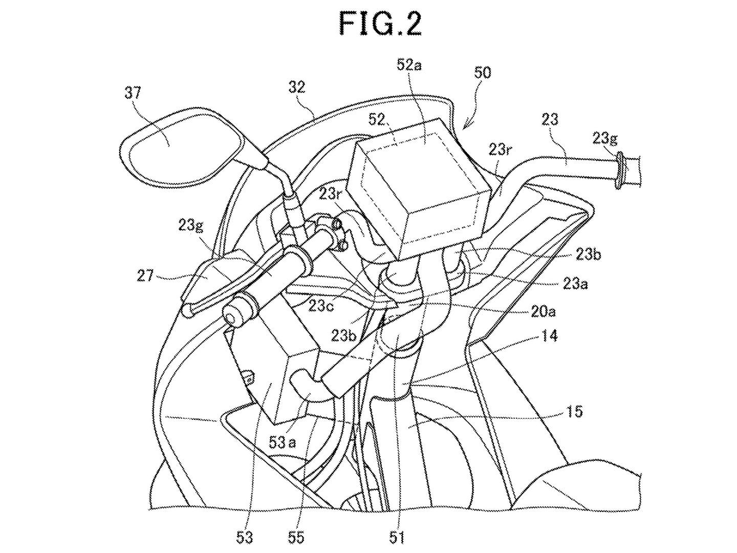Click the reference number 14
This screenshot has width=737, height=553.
point(548,336)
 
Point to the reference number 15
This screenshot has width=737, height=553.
point(575,411)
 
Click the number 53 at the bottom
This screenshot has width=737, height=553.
point(244,537)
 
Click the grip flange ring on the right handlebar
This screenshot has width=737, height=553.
point(621,171)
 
